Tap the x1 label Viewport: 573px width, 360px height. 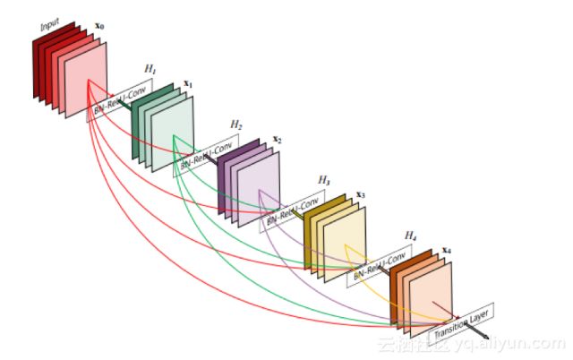(x=188, y=83)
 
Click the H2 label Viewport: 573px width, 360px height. (x=236, y=124)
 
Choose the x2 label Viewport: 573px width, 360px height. (x=277, y=140)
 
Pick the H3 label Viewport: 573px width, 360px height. (x=323, y=180)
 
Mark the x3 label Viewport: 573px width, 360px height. (x=361, y=193)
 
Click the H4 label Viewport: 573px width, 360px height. (x=410, y=235)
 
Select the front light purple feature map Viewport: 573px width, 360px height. (x=258, y=192)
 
